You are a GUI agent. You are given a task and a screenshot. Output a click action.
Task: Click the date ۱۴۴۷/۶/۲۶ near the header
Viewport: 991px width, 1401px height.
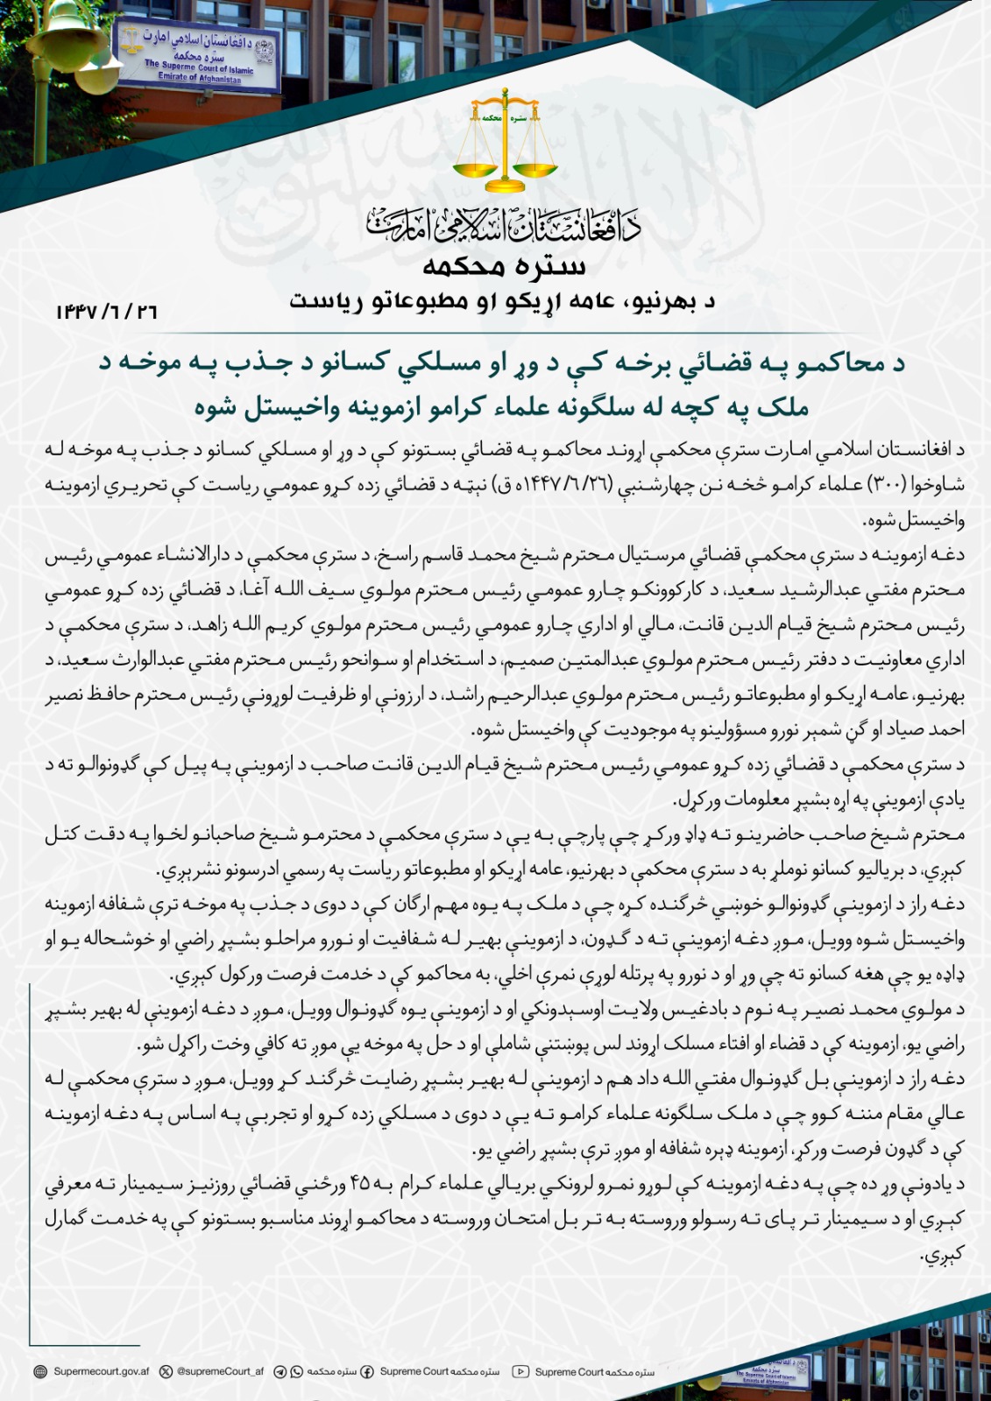pyautogui.click(x=106, y=311)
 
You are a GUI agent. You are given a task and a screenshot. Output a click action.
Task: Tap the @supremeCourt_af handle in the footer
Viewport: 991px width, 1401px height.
pyautogui.click(x=220, y=1372)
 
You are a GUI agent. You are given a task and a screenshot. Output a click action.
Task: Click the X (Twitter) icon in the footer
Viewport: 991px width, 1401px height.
pyautogui.click(x=166, y=1372)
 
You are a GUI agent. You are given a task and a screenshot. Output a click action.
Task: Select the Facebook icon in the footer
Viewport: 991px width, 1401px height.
pyautogui.click(x=366, y=1372)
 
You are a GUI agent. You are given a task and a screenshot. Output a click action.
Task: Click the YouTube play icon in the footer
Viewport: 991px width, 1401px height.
pyautogui.click(x=520, y=1372)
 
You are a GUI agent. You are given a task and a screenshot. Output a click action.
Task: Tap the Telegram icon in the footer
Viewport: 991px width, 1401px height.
pyautogui.click(x=280, y=1372)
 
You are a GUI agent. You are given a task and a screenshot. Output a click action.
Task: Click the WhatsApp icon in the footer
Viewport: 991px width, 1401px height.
pyautogui.click(x=296, y=1372)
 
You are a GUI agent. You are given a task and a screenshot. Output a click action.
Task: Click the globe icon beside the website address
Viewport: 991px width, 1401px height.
pyautogui.click(x=40, y=1372)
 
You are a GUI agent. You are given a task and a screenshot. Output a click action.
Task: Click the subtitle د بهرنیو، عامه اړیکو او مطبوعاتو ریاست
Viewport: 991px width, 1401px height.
pyautogui.click(x=503, y=303)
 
